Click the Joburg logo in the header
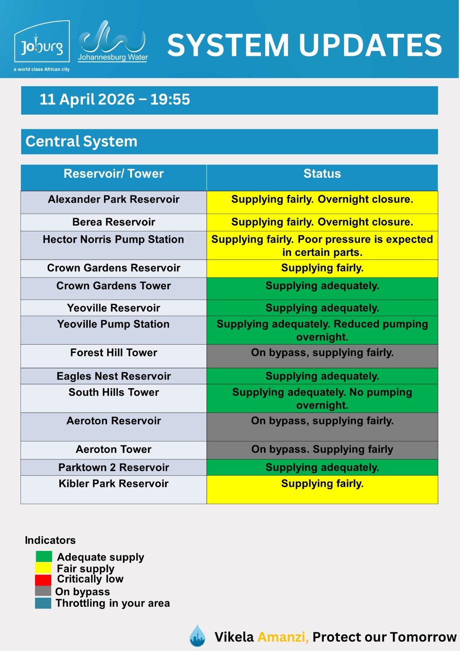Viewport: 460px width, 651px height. coord(42,46)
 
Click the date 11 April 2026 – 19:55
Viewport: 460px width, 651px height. coord(115,100)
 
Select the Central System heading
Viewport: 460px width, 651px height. coord(81,142)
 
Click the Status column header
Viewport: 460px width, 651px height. coord(322,174)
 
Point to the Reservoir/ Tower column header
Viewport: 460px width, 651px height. coord(113,174)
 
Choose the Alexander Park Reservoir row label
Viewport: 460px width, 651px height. coord(113,199)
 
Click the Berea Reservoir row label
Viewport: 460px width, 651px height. coord(113,222)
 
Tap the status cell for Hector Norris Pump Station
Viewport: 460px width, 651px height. coord(322,246)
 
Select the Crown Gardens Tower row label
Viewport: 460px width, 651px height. coord(113,286)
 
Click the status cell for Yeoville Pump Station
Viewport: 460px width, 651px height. coord(322,330)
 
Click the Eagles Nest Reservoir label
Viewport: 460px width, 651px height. coord(113,376)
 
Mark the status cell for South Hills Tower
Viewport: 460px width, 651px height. coord(322,399)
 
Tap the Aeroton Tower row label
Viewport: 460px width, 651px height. coord(113,450)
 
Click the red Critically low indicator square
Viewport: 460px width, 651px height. coord(43,580)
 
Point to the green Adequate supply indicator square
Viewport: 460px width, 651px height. coord(44,557)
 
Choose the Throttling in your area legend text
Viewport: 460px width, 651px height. coord(113,603)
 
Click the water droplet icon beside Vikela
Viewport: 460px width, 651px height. coord(198,636)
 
